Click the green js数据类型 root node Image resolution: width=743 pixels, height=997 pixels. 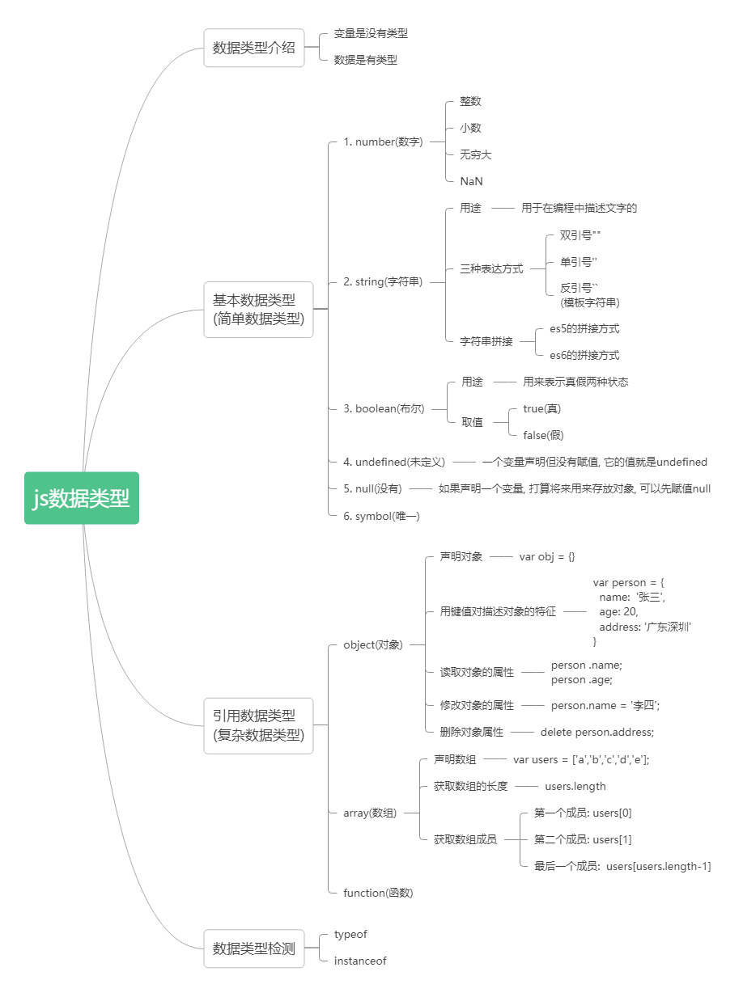click(82, 498)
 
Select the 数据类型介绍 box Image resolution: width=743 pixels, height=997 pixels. click(254, 48)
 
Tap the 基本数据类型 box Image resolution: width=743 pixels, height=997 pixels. click(258, 309)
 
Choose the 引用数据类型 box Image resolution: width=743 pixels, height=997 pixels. click(258, 725)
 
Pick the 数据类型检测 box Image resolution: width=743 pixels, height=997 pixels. click(254, 948)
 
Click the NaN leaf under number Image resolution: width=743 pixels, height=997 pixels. click(471, 181)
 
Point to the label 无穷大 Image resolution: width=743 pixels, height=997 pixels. click(475, 154)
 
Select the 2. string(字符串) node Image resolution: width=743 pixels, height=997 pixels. click(383, 282)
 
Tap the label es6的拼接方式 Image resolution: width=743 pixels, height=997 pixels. click(584, 355)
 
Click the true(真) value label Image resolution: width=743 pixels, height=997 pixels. click(541, 408)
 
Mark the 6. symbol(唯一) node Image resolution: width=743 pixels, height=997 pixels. click(381, 516)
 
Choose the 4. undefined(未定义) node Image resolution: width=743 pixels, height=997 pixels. click(394, 462)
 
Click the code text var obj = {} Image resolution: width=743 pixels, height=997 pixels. click(547, 556)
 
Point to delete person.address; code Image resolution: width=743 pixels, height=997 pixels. click(597, 732)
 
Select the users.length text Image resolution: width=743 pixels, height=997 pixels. click(575, 786)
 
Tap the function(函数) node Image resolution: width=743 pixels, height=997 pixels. click(378, 893)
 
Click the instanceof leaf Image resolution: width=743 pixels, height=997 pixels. click(360, 961)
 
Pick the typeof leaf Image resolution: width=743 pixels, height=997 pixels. click(350, 934)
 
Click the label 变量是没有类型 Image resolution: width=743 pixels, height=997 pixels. click(371, 34)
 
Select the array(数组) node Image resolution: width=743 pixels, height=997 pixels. click(370, 813)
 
